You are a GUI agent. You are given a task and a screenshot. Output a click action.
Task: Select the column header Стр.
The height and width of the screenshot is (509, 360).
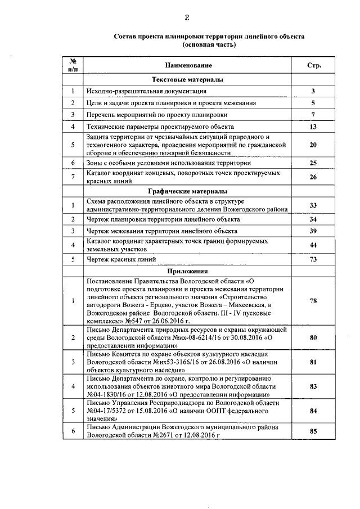313,66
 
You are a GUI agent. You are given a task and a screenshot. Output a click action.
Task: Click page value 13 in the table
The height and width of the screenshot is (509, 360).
313,127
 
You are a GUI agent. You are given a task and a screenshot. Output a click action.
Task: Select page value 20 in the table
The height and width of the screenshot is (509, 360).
313,145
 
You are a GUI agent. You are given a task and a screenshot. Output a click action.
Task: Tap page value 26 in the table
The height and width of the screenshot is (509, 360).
313,177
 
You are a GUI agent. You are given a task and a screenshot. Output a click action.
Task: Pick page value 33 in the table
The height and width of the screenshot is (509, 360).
313,204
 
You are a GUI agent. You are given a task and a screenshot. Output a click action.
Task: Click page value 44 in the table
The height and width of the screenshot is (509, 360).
313,245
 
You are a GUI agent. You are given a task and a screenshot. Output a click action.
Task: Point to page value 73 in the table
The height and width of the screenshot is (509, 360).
313,259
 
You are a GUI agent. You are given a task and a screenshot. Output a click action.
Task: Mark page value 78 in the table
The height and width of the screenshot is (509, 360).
313,300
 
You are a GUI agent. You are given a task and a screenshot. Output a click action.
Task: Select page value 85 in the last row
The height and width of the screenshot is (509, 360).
313,431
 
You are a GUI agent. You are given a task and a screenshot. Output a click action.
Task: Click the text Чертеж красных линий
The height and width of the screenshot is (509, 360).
121,259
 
